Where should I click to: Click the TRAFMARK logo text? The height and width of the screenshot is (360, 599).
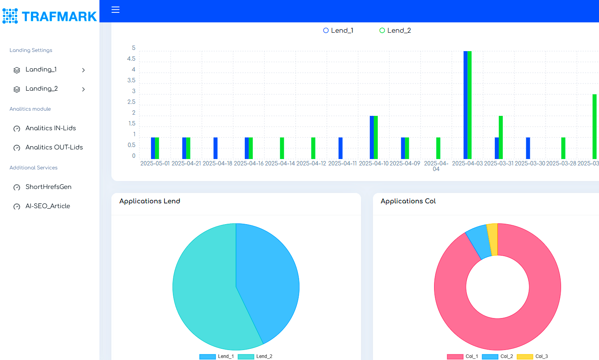pos(59,16)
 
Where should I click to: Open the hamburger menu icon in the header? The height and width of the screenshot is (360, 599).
pos(115,10)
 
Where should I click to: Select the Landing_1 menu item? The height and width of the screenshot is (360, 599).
pos(41,70)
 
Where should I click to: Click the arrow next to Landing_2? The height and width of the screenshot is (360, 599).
pos(83,89)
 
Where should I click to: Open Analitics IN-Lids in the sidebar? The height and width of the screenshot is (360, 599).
pos(50,128)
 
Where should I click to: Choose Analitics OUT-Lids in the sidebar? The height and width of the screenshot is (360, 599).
pos(54,147)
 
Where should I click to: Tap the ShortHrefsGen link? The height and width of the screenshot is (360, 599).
pos(48,187)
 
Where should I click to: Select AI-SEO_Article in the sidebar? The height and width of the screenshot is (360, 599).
pos(48,206)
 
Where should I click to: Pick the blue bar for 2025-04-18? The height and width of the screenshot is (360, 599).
pos(216,148)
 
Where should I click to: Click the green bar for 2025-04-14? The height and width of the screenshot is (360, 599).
pos(282,148)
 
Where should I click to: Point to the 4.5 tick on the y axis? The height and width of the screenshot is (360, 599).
pos(131,59)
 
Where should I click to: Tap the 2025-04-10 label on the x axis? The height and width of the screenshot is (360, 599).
pos(373,163)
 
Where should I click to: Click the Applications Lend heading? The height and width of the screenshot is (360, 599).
pos(150,201)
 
